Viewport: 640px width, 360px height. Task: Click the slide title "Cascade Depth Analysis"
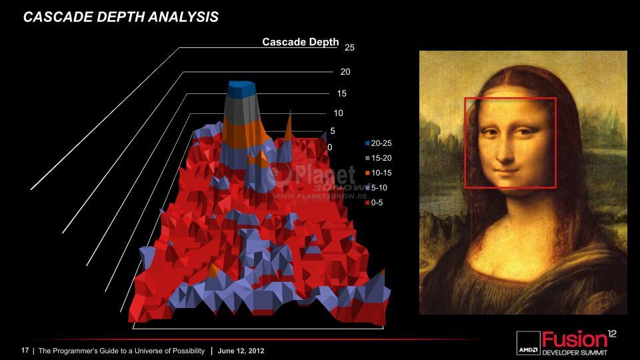click(121, 17)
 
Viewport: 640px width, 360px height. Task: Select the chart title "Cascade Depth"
click(301, 42)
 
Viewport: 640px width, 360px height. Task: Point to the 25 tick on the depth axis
click(349, 47)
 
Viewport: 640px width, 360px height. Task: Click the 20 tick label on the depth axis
click(345, 71)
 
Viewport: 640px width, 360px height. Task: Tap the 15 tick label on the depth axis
click(341, 93)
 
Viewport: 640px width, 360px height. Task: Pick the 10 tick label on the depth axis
click(339, 113)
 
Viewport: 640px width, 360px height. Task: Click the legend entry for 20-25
click(379, 143)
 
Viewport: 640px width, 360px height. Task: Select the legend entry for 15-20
click(379, 158)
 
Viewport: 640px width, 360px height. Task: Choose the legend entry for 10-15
click(379, 173)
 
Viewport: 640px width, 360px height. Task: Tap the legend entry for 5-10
click(376, 188)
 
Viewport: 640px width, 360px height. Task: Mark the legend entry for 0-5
click(374, 203)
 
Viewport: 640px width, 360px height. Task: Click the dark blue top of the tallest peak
click(241, 90)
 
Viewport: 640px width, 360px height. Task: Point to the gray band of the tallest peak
click(241, 109)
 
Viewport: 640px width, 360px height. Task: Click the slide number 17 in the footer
click(25, 350)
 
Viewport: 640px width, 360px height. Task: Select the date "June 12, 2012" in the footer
click(241, 351)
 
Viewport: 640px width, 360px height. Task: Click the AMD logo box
click(528, 343)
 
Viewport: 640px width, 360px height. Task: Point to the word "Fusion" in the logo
click(574, 339)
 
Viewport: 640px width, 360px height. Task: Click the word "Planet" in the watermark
click(325, 174)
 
